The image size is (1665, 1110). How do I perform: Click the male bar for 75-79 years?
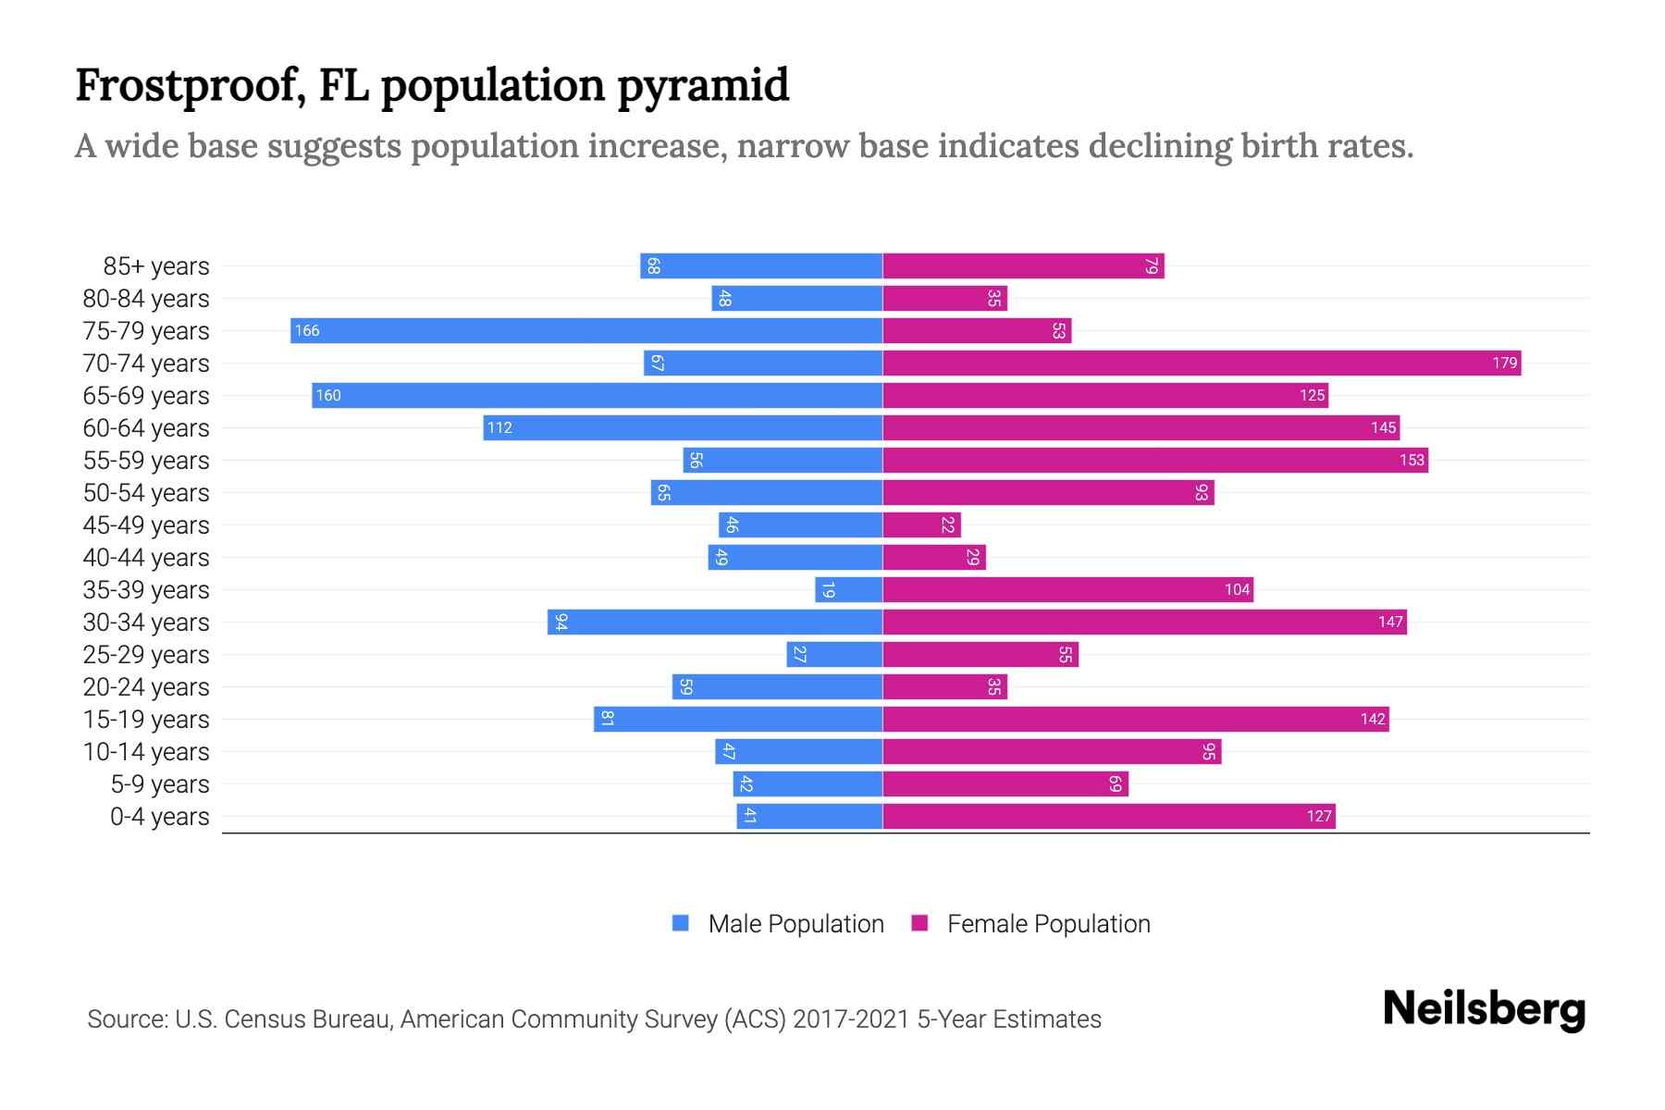click(x=586, y=331)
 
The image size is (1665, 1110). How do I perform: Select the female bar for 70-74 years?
click(x=1202, y=364)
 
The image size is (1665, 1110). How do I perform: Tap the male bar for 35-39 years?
click(x=848, y=590)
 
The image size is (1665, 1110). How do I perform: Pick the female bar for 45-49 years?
click(x=921, y=525)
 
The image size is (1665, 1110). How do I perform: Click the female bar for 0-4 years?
click(x=1109, y=817)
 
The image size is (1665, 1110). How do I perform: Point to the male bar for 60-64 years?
click(x=683, y=428)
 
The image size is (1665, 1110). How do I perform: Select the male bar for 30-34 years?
click(x=715, y=623)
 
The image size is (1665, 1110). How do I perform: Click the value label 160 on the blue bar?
click(x=328, y=396)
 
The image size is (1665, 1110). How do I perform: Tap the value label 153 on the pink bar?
click(x=1412, y=461)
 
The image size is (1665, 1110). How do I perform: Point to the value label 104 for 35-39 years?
click(x=1237, y=590)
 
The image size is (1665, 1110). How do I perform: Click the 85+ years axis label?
click(x=156, y=266)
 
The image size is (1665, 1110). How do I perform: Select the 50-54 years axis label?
click(x=146, y=493)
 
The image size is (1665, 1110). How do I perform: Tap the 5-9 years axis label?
click(x=160, y=784)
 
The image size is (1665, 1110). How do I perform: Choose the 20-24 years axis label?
click(x=146, y=687)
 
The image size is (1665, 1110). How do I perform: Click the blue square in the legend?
click(x=681, y=923)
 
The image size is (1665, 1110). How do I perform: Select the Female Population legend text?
click(x=1048, y=924)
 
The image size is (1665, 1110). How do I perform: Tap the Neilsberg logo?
click(x=1484, y=1009)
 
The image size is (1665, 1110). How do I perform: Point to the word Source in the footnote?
click(x=127, y=1019)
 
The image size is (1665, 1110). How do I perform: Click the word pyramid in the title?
click(x=703, y=86)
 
